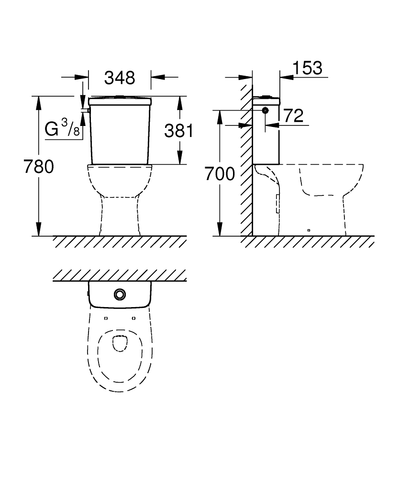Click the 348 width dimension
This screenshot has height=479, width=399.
point(120,78)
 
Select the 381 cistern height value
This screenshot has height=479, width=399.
point(179,131)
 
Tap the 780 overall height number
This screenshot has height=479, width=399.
point(39,167)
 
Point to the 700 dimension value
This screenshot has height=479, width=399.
point(220,174)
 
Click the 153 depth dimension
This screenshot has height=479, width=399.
point(308,68)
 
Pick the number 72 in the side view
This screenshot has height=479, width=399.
point(294,115)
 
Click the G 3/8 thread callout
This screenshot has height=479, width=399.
point(62,128)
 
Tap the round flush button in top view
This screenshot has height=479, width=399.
point(120,294)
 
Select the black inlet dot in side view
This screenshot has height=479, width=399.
point(266,110)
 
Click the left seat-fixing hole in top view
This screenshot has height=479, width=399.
point(106,319)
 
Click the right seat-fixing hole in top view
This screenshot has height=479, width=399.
point(133,319)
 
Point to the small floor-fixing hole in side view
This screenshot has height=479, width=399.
point(309,230)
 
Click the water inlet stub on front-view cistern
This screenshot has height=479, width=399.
point(88,110)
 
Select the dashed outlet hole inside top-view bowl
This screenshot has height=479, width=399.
point(120,343)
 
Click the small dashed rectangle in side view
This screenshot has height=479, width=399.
point(277,204)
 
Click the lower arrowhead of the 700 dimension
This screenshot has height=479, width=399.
point(219,229)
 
